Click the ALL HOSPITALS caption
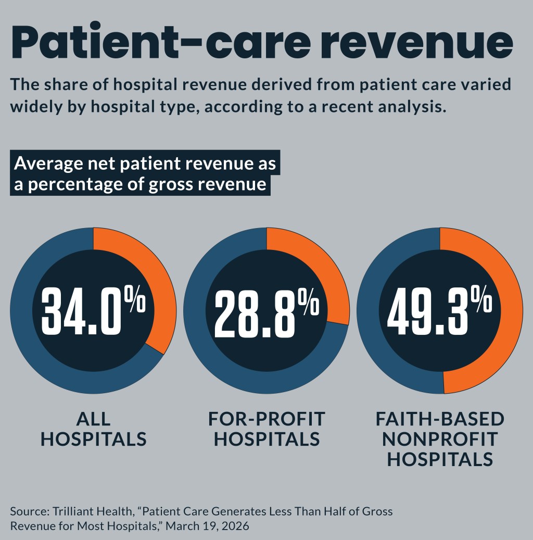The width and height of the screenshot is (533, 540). pyautogui.click(x=94, y=429)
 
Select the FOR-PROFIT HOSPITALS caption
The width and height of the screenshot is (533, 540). pyautogui.click(x=266, y=429)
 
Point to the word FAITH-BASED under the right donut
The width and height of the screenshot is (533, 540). pyautogui.click(x=440, y=419)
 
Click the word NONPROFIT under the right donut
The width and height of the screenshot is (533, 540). pyautogui.click(x=440, y=439)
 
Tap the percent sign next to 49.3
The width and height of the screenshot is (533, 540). pyautogui.click(x=484, y=302)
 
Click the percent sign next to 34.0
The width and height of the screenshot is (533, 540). pyautogui.click(x=138, y=302)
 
